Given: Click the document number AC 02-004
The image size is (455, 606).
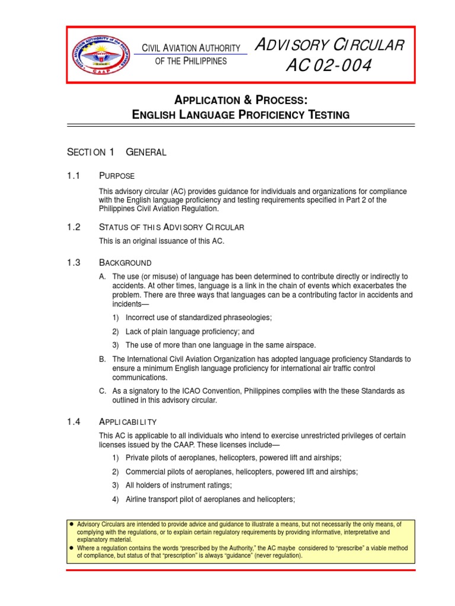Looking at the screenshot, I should (x=329, y=66).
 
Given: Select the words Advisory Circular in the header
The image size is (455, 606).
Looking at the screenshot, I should (x=329, y=46).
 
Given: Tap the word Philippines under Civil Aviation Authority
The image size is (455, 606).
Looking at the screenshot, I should (x=204, y=62).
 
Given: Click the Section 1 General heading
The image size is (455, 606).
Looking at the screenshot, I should (x=117, y=152).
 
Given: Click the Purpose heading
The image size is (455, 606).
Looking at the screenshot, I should (x=117, y=176).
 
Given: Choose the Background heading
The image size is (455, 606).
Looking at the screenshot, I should (x=124, y=263).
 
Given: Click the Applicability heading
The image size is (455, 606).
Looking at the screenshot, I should (x=127, y=422).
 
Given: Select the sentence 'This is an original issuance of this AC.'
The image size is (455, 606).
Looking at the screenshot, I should (x=162, y=240).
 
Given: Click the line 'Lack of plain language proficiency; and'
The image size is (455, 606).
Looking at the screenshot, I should (x=190, y=332).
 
